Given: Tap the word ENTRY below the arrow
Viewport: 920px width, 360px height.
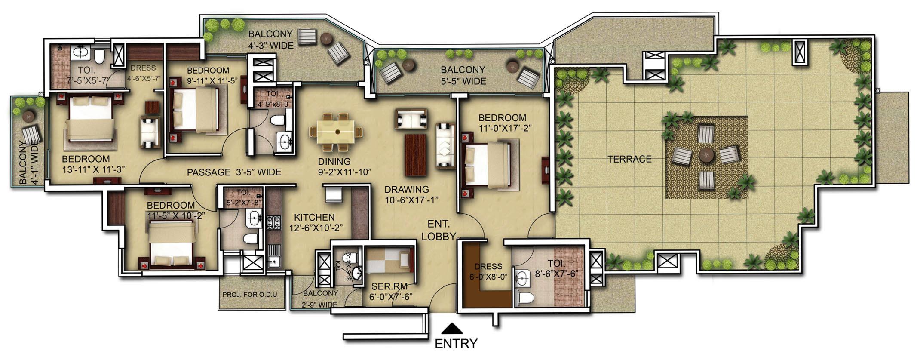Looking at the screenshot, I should coord(456,344).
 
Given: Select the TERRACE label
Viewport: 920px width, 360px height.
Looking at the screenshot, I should coord(629,159).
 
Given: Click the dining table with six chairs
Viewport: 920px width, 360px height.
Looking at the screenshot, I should coord(336,132).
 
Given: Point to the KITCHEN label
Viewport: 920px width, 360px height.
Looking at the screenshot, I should coord(314,218).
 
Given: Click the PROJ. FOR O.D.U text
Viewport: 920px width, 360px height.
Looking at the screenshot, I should coord(250,295).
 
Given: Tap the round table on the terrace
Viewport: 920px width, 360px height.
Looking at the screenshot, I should coord(706,155).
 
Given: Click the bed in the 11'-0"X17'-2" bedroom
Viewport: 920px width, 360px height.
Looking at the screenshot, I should coord(488,166).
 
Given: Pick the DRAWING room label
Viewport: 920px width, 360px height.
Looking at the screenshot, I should coord(406,189).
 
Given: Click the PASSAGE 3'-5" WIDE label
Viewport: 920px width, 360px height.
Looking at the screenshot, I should coord(234,172).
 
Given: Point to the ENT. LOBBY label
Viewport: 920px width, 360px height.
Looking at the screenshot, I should coord(439,230).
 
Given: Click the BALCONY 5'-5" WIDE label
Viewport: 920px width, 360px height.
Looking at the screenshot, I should coord(463,75).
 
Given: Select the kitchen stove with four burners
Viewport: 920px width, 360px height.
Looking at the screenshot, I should coord(272,223).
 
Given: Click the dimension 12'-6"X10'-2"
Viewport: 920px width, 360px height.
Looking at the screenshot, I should coord(316,228).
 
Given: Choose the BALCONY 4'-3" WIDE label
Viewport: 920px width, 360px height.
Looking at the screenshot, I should coord(270,39).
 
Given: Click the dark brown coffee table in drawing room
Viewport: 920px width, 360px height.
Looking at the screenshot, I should coord(415,155).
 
